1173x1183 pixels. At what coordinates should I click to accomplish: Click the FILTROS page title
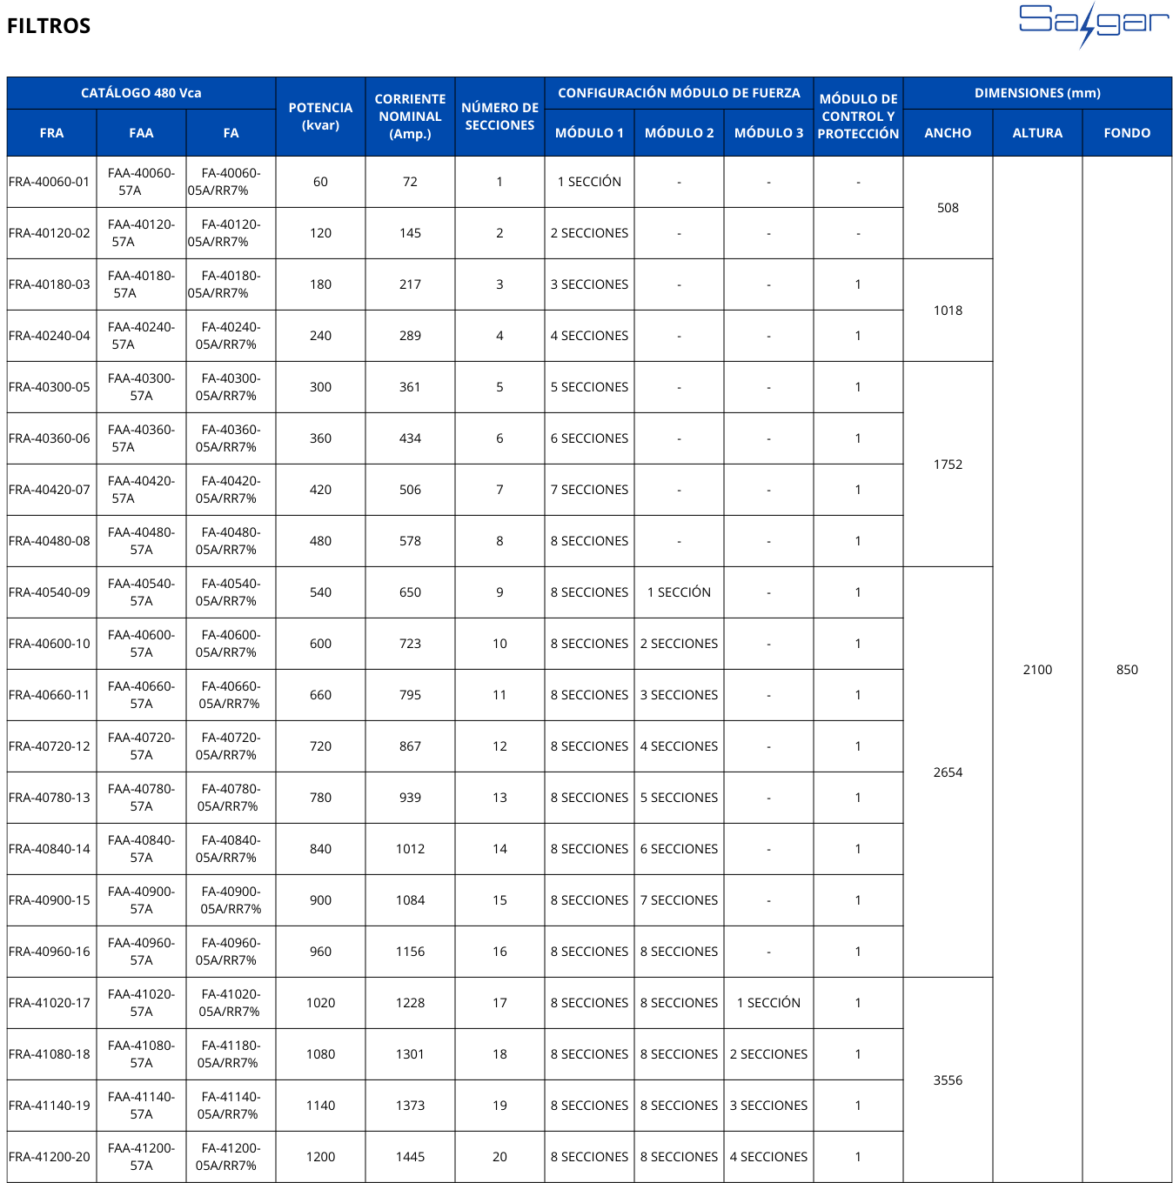point(49,26)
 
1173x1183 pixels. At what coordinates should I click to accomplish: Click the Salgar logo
point(1094,24)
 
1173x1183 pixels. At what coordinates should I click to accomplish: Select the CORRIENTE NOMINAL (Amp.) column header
point(410,117)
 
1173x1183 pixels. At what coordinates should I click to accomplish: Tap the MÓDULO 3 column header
point(768,133)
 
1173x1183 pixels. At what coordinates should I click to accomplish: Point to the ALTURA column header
point(1037,133)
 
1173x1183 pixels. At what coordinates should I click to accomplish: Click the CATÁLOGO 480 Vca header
point(141,93)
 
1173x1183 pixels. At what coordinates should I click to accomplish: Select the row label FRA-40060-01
point(50,182)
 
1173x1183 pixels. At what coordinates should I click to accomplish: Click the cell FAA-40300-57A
point(141,387)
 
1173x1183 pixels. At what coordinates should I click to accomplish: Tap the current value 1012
point(410,849)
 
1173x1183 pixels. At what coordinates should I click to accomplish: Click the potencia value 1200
point(320,1157)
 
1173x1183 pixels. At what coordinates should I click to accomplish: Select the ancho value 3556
point(948,1080)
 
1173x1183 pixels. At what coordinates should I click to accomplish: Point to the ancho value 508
point(948,208)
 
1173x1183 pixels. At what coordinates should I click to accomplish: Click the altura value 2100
point(1037,670)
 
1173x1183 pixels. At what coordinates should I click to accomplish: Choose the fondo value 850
point(1127,670)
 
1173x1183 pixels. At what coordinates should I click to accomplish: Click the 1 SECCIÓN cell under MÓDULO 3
point(768,1003)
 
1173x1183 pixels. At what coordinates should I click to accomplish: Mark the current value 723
point(410,644)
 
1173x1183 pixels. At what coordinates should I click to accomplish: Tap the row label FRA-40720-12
point(50,746)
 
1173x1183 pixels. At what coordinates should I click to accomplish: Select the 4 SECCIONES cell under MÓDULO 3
point(768,1157)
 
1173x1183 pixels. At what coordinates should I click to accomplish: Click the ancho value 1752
point(948,465)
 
